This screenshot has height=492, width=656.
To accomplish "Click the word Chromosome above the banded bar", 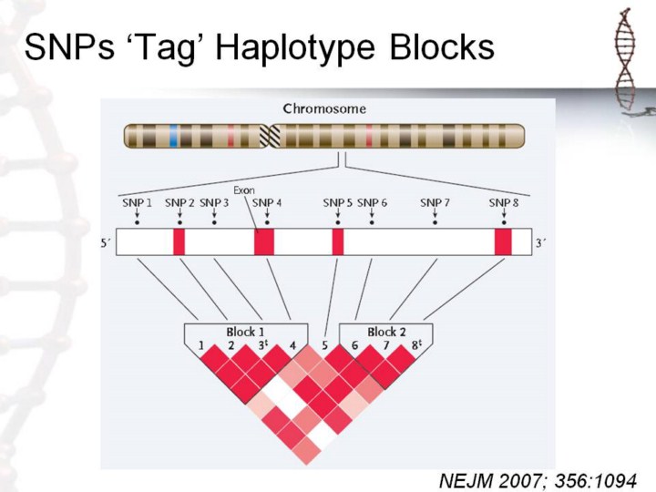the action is [x=324, y=109].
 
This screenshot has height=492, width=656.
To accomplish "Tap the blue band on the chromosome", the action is [x=174, y=136].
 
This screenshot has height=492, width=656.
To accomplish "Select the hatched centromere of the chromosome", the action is [x=270, y=136].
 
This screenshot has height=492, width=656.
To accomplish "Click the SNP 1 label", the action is [x=137, y=203].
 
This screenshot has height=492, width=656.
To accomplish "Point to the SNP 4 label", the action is [x=267, y=203].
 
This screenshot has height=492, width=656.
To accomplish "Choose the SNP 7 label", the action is [x=436, y=203].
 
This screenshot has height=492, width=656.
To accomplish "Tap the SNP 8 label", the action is [x=504, y=203].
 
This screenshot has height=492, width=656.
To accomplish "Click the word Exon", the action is [x=244, y=190].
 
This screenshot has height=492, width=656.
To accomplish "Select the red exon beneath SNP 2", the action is [x=179, y=241].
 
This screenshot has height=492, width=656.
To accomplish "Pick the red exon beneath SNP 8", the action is [x=503, y=241].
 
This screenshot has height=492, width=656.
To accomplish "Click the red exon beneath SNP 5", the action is [x=338, y=241].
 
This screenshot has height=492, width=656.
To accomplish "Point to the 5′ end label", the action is [x=105, y=242].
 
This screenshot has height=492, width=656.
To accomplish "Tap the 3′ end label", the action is [x=540, y=242].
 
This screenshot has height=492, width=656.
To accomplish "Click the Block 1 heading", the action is [x=245, y=333].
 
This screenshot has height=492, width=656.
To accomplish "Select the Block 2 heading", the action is [x=386, y=333].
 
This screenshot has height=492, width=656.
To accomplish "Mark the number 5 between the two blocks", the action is [x=324, y=345].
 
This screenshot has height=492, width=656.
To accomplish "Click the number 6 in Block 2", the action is [x=354, y=345].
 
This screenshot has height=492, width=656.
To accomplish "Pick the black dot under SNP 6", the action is [x=372, y=222].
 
